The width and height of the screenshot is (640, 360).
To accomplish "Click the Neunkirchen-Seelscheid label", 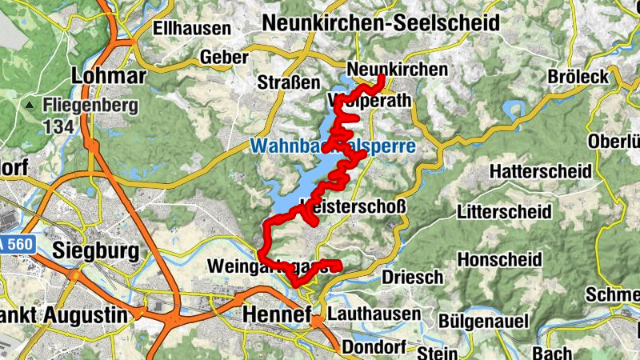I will [380, 22].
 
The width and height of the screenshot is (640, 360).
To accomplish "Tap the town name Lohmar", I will [109, 76].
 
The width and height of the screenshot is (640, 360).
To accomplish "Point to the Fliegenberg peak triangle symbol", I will [30, 105].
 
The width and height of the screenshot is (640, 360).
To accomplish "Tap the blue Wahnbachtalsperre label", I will [332, 147].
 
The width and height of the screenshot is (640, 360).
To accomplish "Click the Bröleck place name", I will [578, 77].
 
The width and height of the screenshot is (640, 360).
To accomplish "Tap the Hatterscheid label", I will [540, 171].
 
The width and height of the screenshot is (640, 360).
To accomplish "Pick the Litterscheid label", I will [503, 212].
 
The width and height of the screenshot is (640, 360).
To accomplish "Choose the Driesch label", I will [412, 277].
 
